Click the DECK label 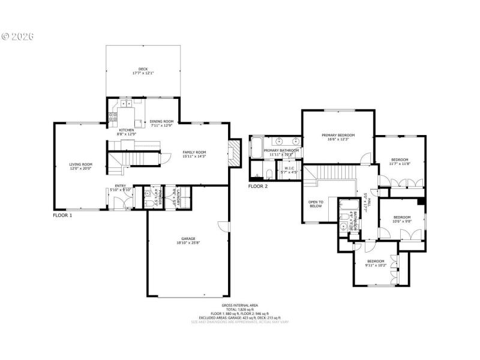[143, 70]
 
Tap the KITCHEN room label [126, 130]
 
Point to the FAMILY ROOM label [194, 153]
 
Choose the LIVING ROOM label [80, 164]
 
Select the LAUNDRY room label [175, 194]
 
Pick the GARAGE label [188, 239]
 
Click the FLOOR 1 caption [62, 215]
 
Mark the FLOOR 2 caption [258, 187]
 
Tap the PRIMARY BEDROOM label [338, 136]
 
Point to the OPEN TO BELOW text [316, 204]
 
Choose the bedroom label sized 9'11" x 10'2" [376, 261]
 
